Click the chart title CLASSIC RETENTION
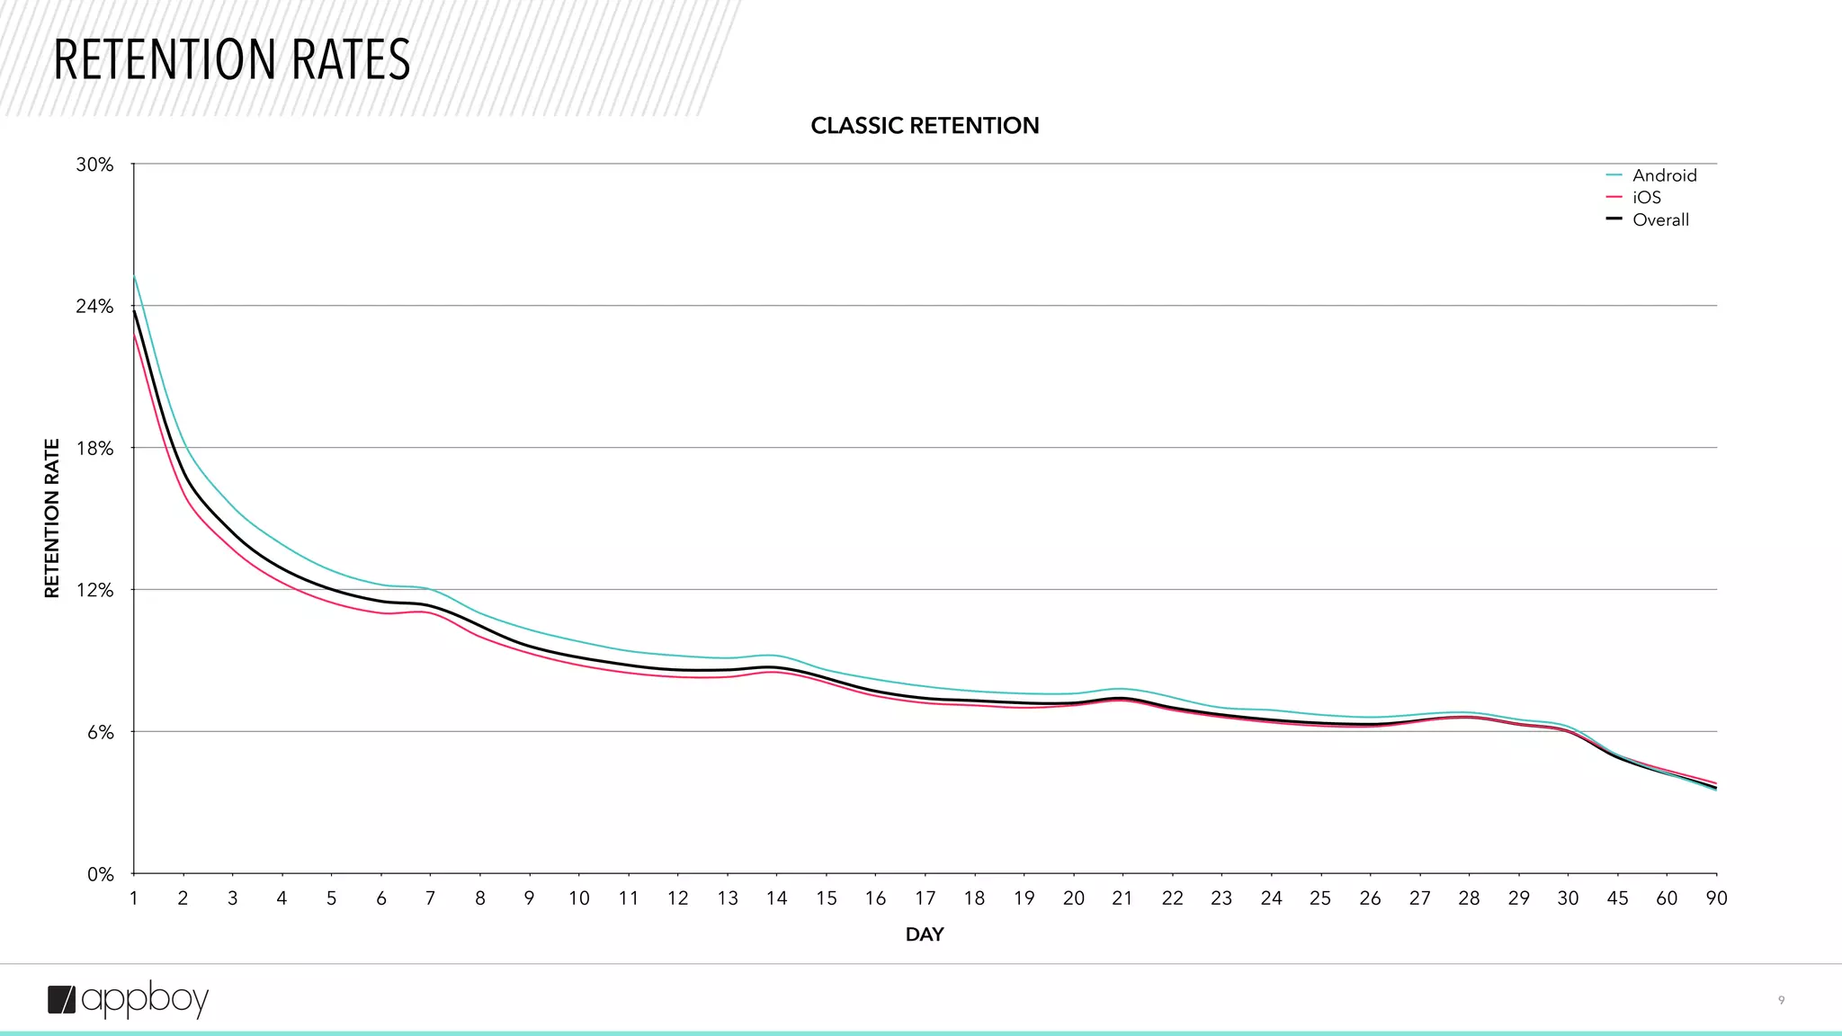(x=925, y=126)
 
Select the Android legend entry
(x=1664, y=175)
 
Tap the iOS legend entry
(x=1646, y=198)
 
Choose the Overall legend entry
(x=1660, y=220)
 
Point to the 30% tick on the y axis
(x=94, y=165)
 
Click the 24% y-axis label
(x=94, y=307)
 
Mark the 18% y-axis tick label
(x=94, y=449)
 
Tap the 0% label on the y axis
(x=100, y=874)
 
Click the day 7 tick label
(x=431, y=898)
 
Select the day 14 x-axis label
(x=776, y=898)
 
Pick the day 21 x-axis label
(x=1122, y=898)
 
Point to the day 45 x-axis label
(x=1617, y=898)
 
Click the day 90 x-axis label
(x=1716, y=898)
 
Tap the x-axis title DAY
(x=925, y=934)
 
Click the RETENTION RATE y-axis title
(x=52, y=518)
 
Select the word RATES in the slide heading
(x=350, y=60)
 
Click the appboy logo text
(x=145, y=999)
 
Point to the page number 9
(x=1781, y=1000)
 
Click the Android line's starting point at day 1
(x=134, y=275)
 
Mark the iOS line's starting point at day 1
(x=134, y=334)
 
